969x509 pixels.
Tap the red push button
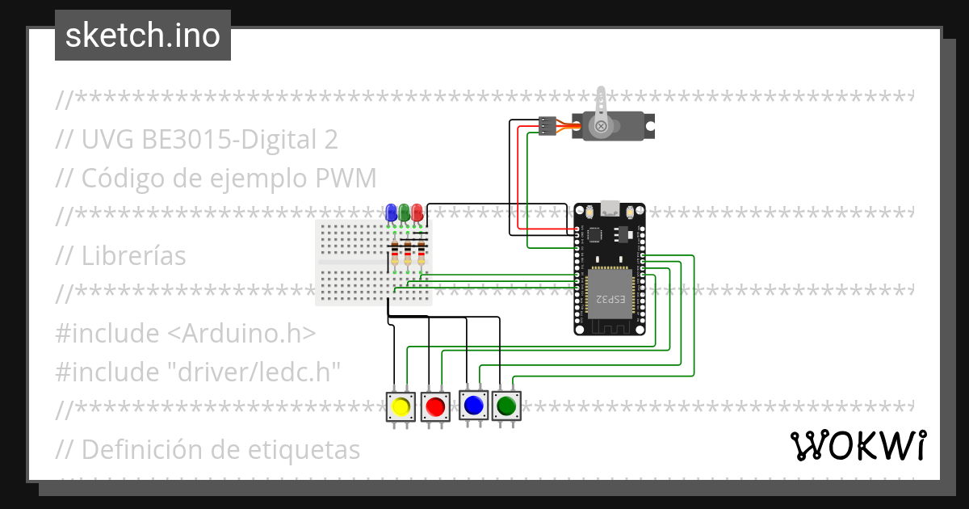435,407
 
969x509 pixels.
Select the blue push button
473,405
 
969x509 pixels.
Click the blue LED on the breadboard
392,212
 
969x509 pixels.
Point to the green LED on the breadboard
404,212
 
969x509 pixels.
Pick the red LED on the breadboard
417,212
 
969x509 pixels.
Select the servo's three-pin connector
548,125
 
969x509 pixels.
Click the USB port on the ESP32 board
610,208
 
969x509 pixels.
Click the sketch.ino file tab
143,36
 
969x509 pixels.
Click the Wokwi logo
858,445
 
